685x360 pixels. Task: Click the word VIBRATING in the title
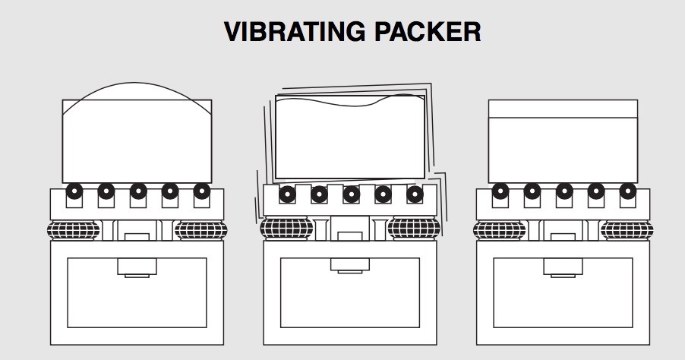295,32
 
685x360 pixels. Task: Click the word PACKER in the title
428,32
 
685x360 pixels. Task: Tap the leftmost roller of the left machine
74,191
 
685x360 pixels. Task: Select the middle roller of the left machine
138,191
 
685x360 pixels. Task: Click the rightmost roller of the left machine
202,191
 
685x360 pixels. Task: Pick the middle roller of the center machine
352,194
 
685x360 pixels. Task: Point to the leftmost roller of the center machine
288,194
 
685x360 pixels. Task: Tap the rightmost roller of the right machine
628,191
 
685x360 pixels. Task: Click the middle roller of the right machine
564,191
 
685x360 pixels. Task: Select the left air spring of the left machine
74,230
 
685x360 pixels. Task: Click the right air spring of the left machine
201,230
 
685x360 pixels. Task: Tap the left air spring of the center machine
286,228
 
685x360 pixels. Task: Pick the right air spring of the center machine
414,228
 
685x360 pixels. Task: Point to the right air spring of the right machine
627,230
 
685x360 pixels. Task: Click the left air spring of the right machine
500,230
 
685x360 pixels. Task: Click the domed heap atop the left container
137,83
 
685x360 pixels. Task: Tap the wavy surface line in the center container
349,104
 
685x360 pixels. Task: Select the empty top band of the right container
563,109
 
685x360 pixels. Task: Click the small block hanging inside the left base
137,267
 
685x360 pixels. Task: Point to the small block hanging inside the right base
563,267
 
